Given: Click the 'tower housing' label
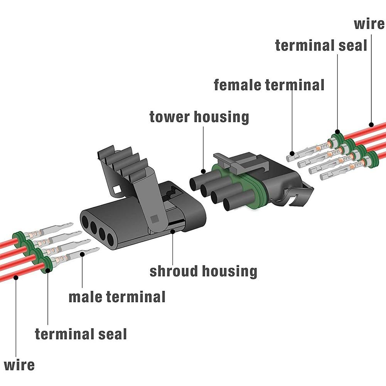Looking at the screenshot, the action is coord(199,117).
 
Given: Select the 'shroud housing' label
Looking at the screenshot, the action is coord(203,271).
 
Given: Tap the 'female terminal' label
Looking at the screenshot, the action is coord(269,85).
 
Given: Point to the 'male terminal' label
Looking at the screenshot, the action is coord(117,297).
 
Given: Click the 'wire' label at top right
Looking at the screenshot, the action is coord(369,24).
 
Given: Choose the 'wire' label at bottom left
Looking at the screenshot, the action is coord(19,365).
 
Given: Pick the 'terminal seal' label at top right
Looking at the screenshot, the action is coord(321,46).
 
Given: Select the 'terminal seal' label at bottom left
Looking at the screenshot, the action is coord(81,334).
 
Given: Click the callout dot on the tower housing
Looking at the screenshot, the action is coord(203,171).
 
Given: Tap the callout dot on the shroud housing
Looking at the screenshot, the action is coord(173,231).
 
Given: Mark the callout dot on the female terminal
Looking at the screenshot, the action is coord(292,154).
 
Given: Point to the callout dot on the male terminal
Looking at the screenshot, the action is coord(82,254).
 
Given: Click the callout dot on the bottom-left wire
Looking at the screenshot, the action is coord(16,278).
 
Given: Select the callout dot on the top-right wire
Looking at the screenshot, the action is coord(371,125).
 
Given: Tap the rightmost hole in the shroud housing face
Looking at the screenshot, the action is coord(111,239).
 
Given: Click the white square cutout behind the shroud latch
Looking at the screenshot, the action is coord(116,190).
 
